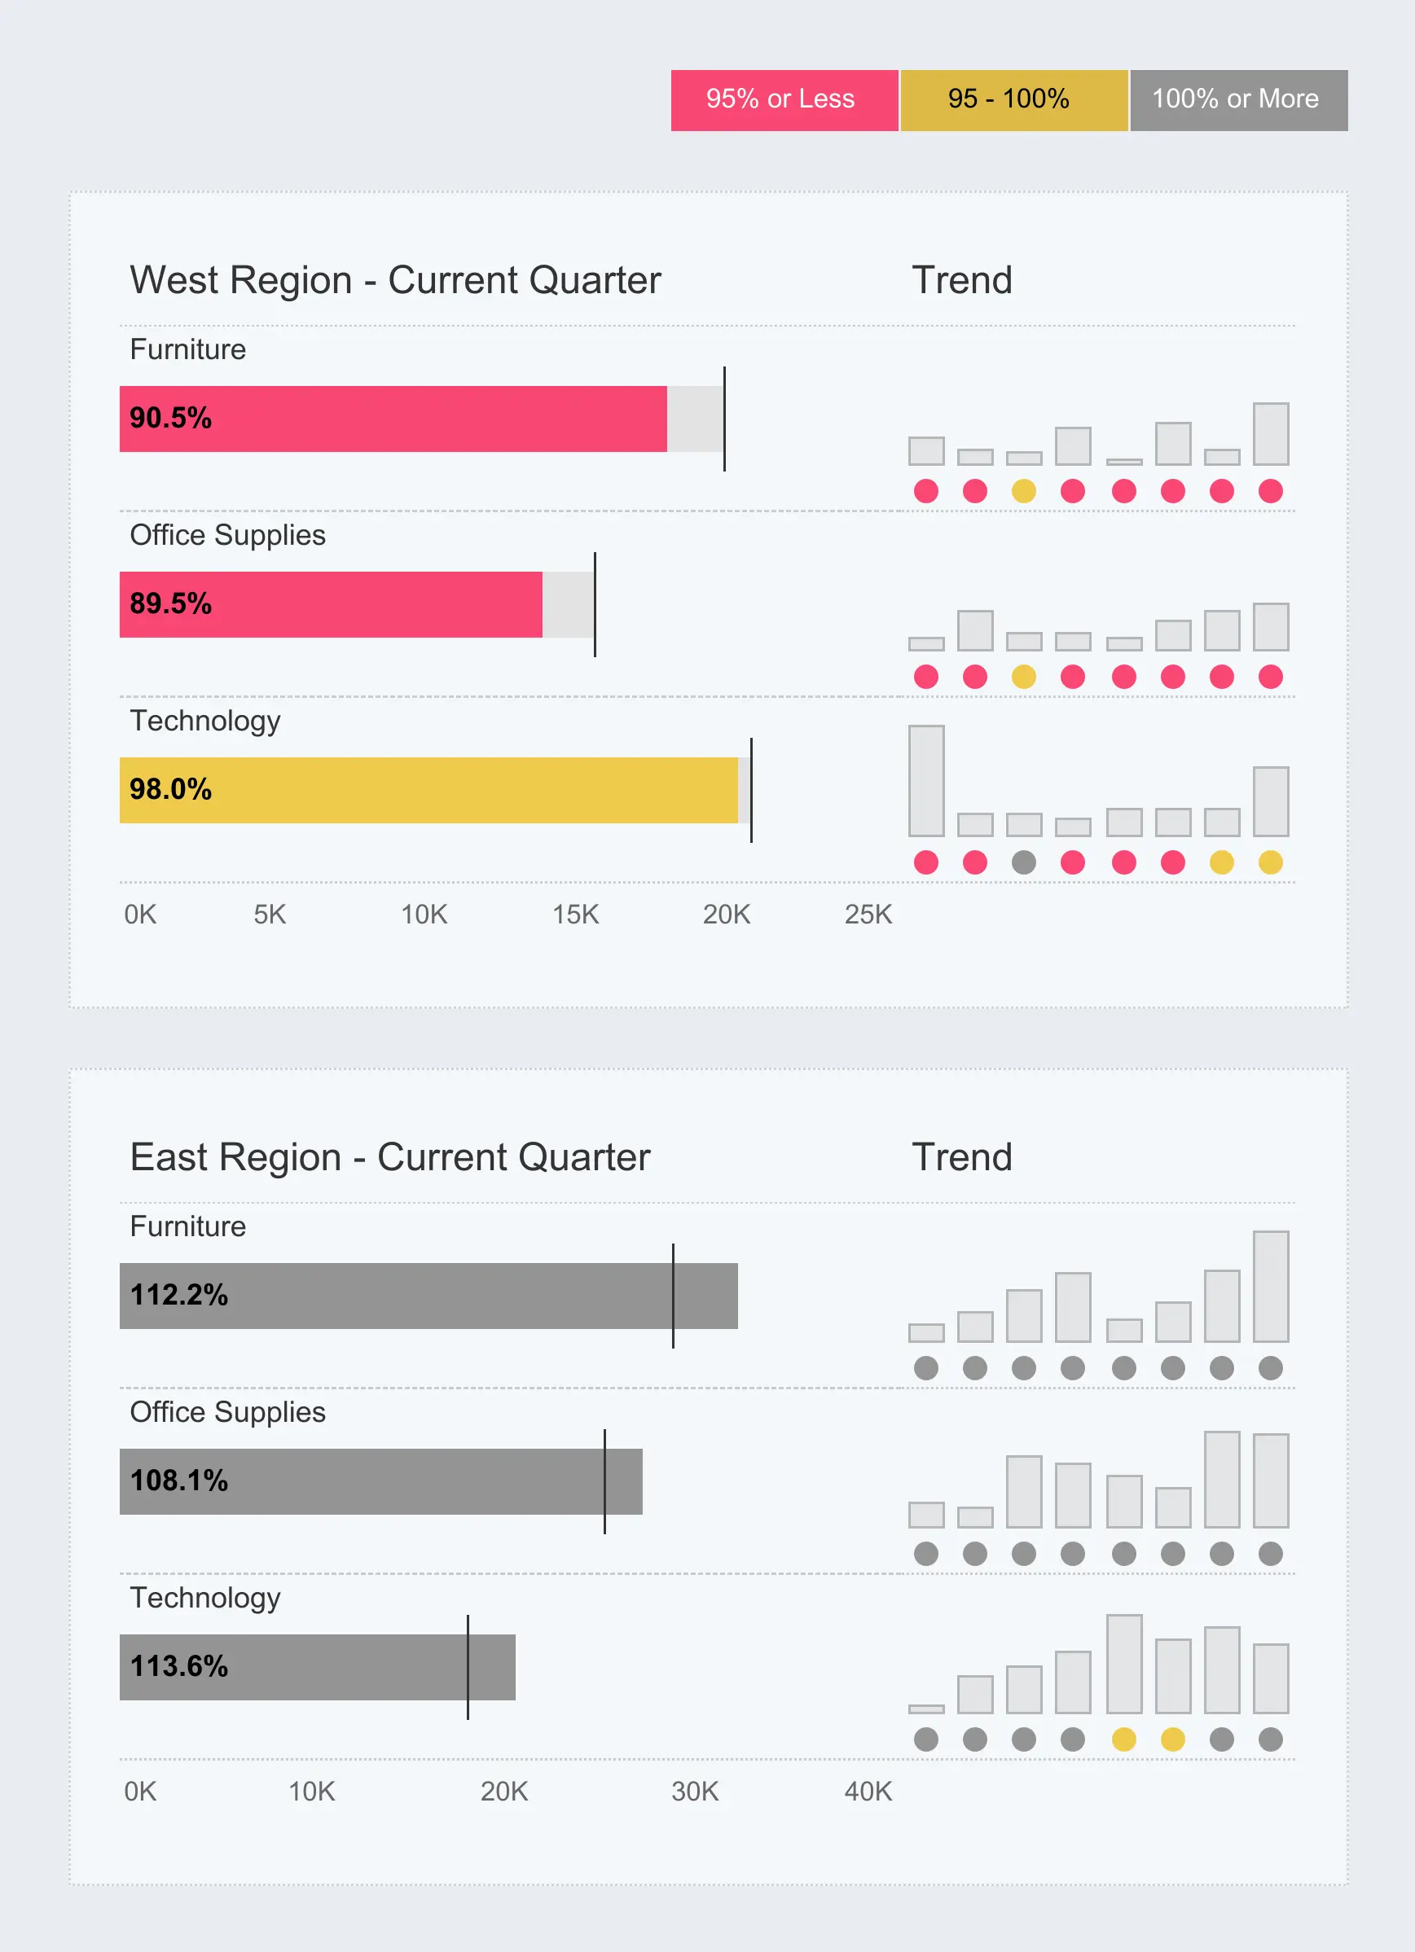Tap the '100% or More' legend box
pyautogui.click(x=1237, y=100)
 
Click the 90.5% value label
pyautogui.click(x=170, y=419)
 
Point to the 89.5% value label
pyautogui.click(x=170, y=604)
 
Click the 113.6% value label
pyautogui.click(x=179, y=1666)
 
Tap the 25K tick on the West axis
pyautogui.click(x=868, y=914)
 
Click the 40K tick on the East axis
pyautogui.click(x=868, y=1791)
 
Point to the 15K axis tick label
pyautogui.click(x=575, y=914)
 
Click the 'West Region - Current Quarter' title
pyautogui.click(x=395, y=281)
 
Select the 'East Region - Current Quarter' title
pyautogui.click(x=390, y=1158)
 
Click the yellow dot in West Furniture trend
pyautogui.click(x=1023, y=490)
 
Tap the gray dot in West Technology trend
pyautogui.click(x=1023, y=862)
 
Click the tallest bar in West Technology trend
pyautogui.click(x=926, y=781)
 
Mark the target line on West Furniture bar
pyautogui.click(x=725, y=419)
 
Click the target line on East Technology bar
pyautogui.click(x=468, y=1666)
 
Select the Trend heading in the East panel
pyautogui.click(x=961, y=1158)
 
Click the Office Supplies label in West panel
pyautogui.click(x=227, y=535)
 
